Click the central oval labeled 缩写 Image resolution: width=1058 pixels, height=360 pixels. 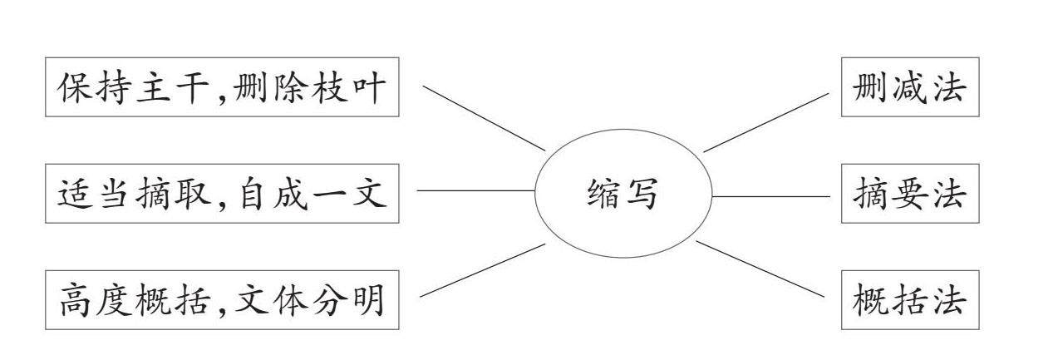(x=622, y=195)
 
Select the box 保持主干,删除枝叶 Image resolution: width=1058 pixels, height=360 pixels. (x=221, y=87)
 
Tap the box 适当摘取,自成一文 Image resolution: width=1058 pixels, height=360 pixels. (x=221, y=194)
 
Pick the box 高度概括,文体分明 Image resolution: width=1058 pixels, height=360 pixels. (x=221, y=300)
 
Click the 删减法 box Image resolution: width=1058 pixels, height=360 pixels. (x=909, y=87)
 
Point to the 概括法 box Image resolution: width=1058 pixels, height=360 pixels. (x=909, y=300)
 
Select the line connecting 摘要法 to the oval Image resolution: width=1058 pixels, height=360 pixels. (x=770, y=197)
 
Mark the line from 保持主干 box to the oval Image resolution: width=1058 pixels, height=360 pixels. (x=483, y=117)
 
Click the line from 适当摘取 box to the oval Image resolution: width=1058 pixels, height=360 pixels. (x=475, y=190)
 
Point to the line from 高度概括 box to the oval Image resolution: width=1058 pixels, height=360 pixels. (x=483, y=270)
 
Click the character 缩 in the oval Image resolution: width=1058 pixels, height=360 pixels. (x=603, y=195)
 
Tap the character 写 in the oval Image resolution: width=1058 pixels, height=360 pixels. (x=642, y=195)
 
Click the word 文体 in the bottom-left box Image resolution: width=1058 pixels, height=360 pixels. (x=280, y=300)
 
